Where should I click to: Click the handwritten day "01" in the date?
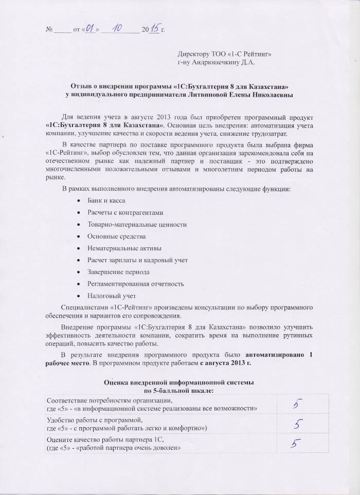(x=91, y=30)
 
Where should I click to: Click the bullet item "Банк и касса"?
(x=106, y=200)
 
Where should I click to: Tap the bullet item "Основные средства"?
(x=116, y=236)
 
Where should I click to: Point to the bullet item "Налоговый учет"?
(x=112, y=296)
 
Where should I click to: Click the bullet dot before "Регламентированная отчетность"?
(x=78, y=284)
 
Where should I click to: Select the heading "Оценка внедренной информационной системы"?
(x=178, y=383)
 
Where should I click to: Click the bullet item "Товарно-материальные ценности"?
(x=137, y=225)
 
